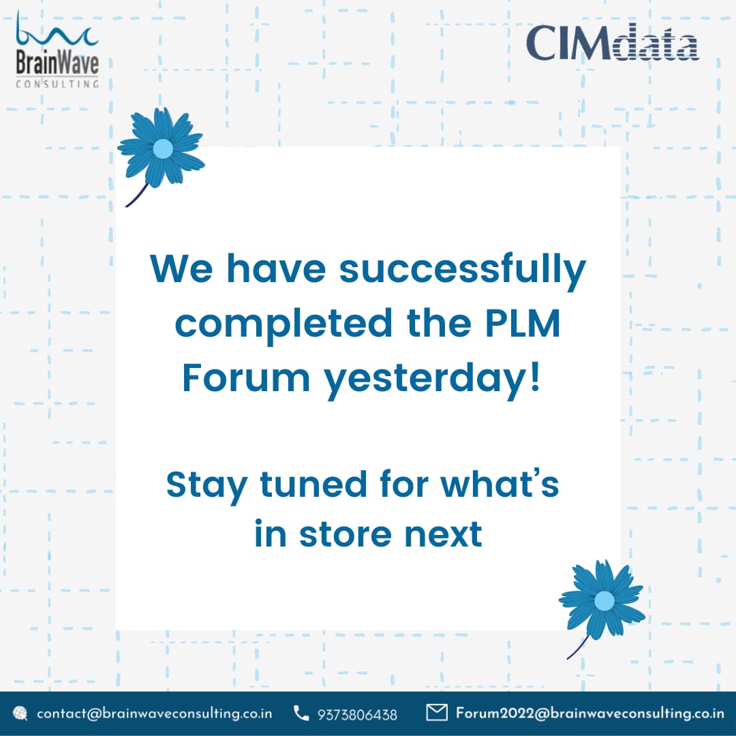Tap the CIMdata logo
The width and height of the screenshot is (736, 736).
pyautogui.click(x=612, y=44)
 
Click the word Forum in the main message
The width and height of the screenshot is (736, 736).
pyautogui.click(x=245, y=379)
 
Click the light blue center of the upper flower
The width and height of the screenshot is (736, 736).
pyautogui.click(x=163, y=149)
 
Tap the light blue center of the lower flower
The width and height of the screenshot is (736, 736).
pyautogui.click(x=604, y=600)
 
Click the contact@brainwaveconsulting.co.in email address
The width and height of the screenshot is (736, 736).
pyautogui.click(x=154, y=714)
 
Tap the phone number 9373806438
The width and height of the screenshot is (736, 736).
pyautogui.click(x=357, y=714)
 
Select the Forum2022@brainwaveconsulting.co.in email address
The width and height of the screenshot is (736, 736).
pyautogui.click(x=589, y=714)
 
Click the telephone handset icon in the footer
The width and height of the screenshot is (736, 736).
pyautogui.click(x=301, y=714)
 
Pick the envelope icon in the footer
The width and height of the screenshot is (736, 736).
pyautogui.click(x=436, y=713)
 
